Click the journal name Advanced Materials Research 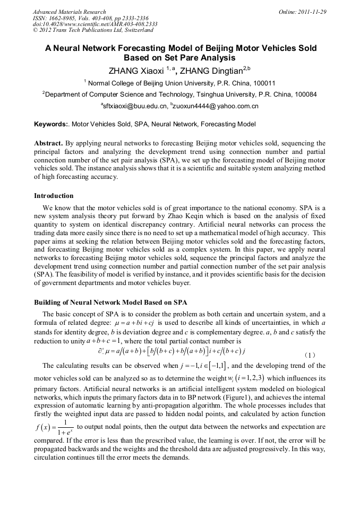(69, 12)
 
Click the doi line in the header (95, 24)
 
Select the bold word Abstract (48, 143)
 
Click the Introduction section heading (54, 196)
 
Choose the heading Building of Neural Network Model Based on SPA (110, 303)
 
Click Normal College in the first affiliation (112, 83)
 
